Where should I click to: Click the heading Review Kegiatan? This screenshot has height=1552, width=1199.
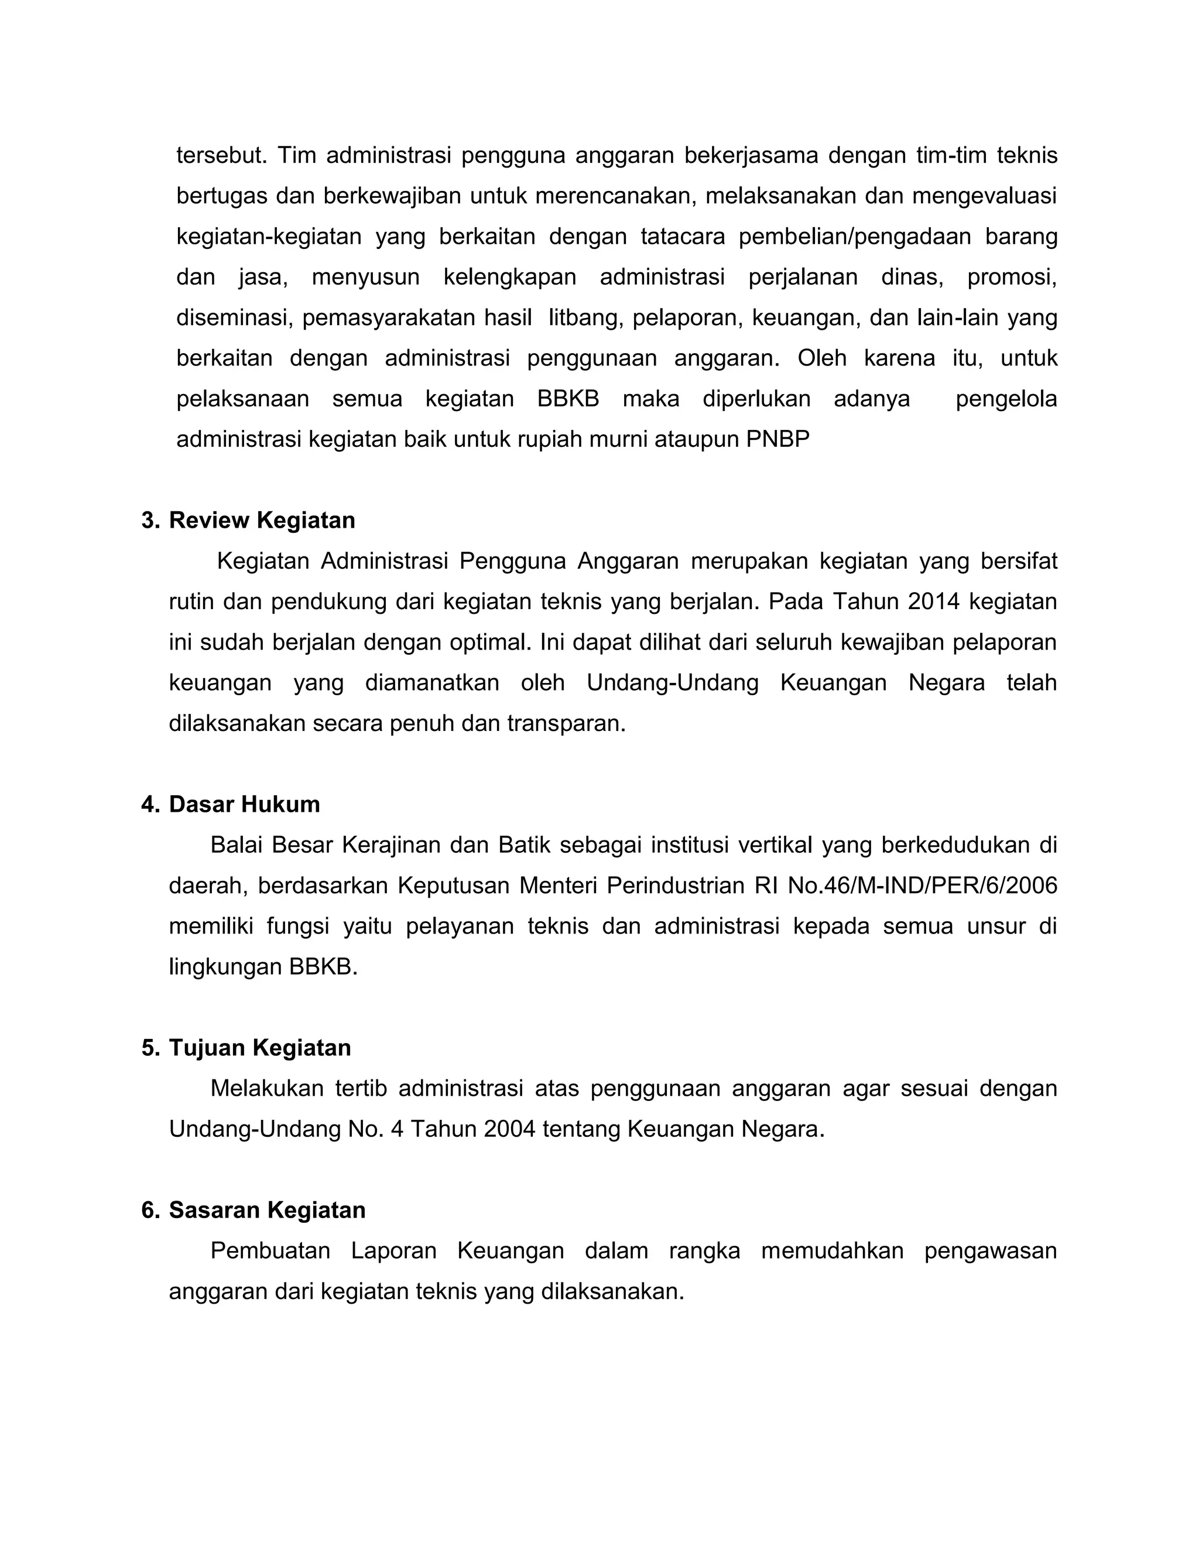(261, 521)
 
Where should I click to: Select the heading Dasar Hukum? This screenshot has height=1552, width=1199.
(244, 805)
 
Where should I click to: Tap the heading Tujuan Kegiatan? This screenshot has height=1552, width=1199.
(259, 1048)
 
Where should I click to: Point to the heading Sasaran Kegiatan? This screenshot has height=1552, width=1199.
(266, 1210)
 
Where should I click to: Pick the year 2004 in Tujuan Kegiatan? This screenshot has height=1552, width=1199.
(509, 1129)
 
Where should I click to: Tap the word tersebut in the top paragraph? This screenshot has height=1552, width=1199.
(221, 155)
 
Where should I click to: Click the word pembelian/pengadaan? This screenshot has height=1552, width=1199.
(855, 237)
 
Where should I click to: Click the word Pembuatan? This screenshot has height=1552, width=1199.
(270, 1251)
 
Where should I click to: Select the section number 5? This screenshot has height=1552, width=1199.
(149, 1048)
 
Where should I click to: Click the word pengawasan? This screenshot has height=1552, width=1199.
(990, 1251)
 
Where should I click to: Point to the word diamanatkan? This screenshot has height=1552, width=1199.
(432, 683)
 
